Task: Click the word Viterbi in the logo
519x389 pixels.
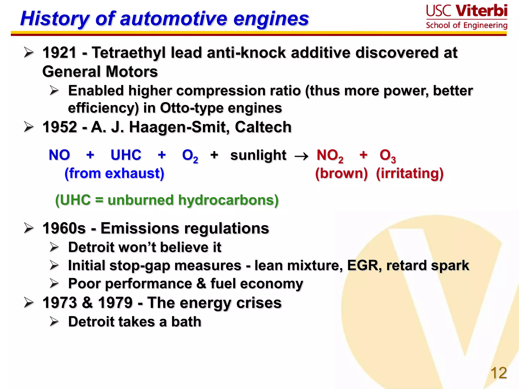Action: (481, 11)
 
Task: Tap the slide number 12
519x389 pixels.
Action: (498, 373)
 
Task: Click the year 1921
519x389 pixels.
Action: (60, 53)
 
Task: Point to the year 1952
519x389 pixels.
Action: (60, 127)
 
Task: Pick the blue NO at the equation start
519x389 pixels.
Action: (59, 155)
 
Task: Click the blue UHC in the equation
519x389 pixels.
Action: (126, 155)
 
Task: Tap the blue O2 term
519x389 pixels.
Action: (190, 156)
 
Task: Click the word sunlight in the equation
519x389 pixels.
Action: (258, 155)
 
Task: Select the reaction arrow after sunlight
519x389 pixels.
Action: (301, 156)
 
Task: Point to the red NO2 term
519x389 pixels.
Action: (330, 156)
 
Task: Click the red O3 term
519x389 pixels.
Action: (387, 156)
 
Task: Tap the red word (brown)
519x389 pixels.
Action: (341, 173)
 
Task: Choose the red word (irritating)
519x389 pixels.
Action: (410, 173)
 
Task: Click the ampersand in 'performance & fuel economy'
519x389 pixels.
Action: (201, 283)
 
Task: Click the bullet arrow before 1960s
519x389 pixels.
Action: (29, 228)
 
